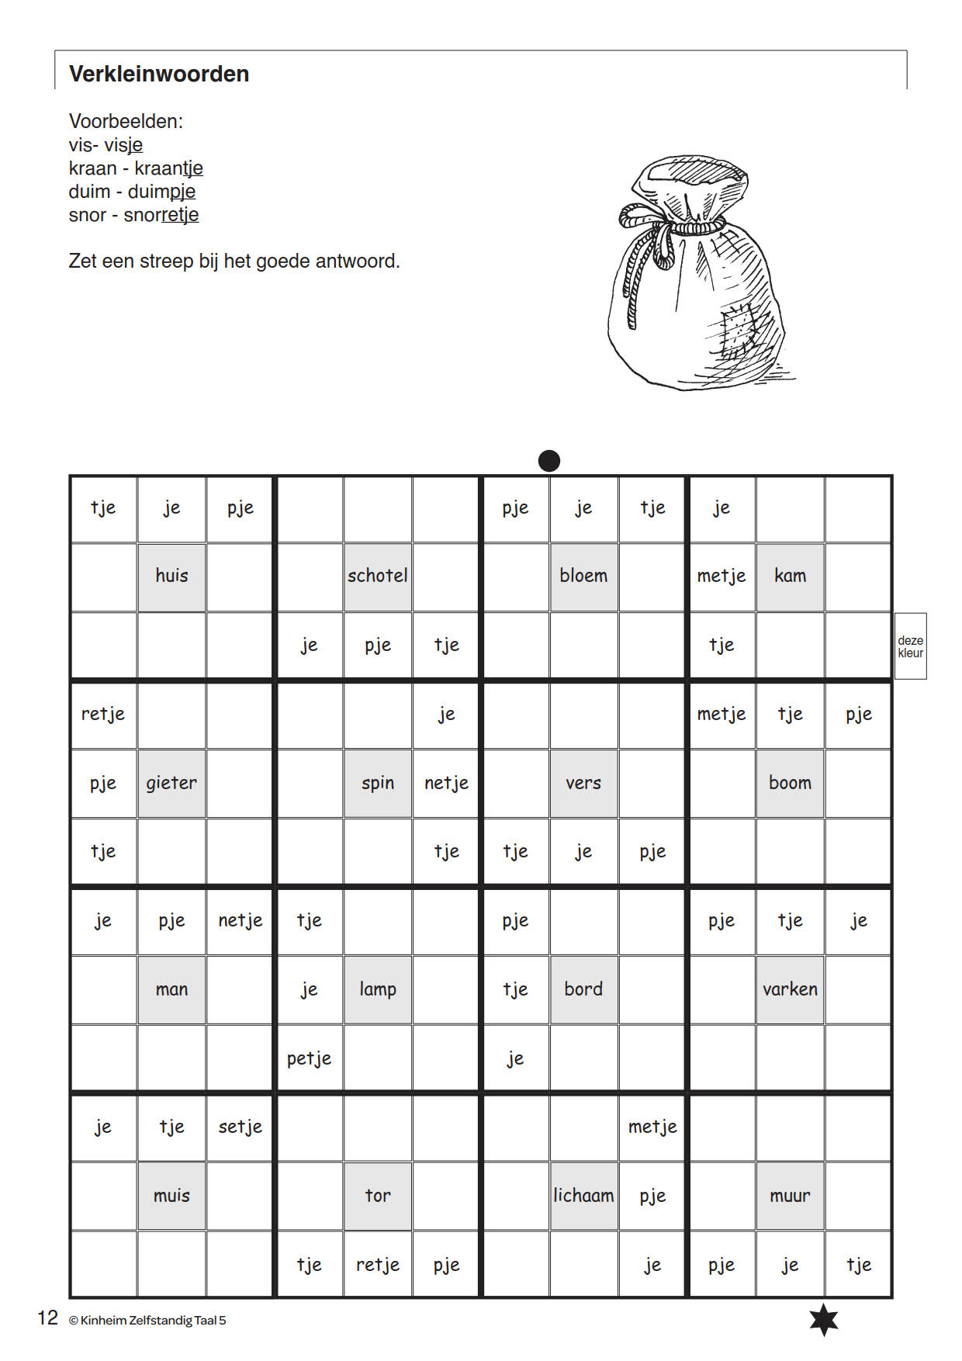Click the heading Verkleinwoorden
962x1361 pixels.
coord(159,74)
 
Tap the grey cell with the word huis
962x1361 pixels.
coord(171,576)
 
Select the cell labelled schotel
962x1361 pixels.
coord(378,576)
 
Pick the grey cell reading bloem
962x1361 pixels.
coord(583,576)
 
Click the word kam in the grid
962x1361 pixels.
coord(790,576)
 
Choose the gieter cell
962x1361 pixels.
coord(171,783)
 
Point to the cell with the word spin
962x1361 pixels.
coord(378,783)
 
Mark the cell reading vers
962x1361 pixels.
coord(583,783)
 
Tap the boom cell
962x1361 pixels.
coord(790,783)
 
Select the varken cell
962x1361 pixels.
coord(790,989)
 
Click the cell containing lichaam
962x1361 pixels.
coord(583,1196)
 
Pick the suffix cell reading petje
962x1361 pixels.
coord(309,1058)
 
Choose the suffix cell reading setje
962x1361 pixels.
coord(240,1127)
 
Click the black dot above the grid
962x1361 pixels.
coord(549,461)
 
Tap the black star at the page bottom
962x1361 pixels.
coord(824,1320)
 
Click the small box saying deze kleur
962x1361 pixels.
coord(910,646)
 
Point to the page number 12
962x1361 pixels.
coord(47,1318)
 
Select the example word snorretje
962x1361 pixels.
coord(161,215)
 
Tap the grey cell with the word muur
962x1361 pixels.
coord(790,1196)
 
